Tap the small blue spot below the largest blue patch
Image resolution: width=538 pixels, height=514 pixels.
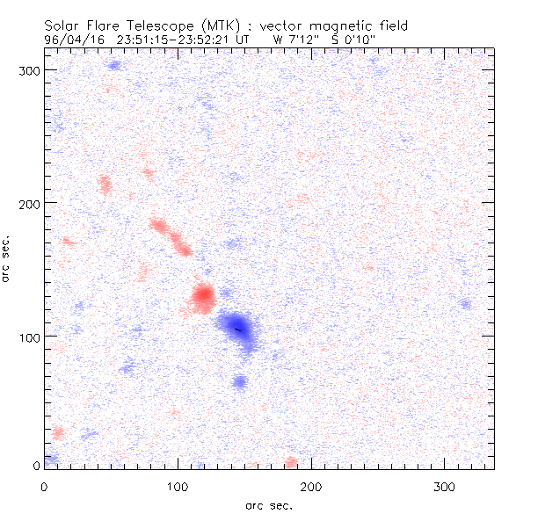coord(240,380)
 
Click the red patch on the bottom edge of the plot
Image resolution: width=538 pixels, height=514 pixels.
coord(291,462)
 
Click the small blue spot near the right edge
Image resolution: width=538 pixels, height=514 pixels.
coord(464,305)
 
